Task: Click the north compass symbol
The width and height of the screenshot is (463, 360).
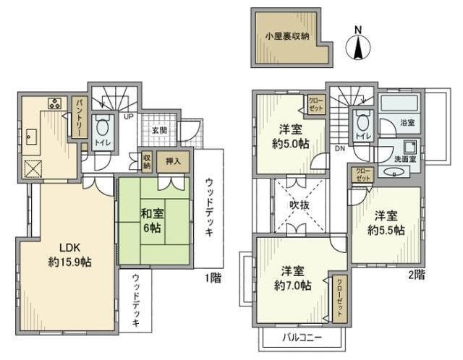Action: [x=358, y=46]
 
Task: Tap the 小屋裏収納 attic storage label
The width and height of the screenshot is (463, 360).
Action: [x=287, y=37]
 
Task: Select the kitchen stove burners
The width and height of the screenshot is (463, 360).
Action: [x=55, y=103]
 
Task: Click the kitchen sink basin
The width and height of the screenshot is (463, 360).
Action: [x=31, y=137]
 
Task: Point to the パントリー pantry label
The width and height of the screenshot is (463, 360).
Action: [x=80, y=117]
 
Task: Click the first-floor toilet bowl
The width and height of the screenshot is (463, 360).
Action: [x=103, y=127]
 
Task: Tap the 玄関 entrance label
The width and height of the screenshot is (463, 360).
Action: [x=159, y=130]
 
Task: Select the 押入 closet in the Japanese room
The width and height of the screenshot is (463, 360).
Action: [x=173, y=161]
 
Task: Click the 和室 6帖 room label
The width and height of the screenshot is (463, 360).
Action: [x=152, y=220]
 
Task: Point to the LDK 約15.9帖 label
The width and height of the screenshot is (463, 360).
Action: [x=70, y=254]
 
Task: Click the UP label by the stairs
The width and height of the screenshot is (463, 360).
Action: [x=129, y=116]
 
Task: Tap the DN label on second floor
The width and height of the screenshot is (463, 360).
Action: [x=340, y=149]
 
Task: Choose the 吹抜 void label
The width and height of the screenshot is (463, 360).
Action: [x=300, y=205]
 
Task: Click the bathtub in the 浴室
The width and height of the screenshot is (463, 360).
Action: [x=399, y=103]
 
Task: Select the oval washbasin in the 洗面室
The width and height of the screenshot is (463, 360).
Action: [x=394, y=171]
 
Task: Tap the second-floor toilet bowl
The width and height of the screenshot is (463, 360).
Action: [x=363, y=121]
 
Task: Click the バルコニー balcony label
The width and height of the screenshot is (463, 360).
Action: [x=302, y=338]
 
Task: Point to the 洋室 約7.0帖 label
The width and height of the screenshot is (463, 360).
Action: [x=292, y=278]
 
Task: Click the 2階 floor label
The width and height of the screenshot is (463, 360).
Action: [x=417, y=275]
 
